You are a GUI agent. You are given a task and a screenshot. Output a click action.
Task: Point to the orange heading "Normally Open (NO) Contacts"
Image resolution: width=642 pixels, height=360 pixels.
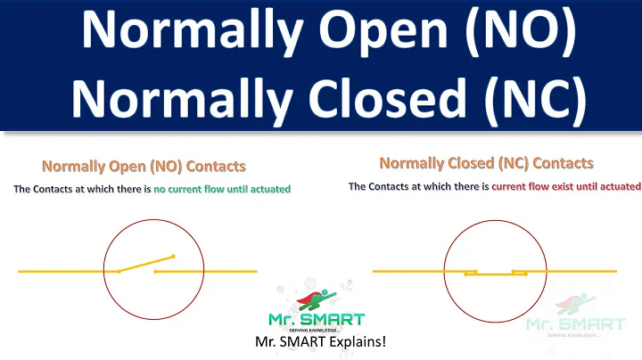pyautogui.click(x=144, y=167)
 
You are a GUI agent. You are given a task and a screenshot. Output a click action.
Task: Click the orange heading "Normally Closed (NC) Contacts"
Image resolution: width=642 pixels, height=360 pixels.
pyautogui.click(x=486, y=163)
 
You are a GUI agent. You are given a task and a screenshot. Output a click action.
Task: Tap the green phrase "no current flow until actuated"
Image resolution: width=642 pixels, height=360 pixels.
pyautogui.click(x=222, y=189)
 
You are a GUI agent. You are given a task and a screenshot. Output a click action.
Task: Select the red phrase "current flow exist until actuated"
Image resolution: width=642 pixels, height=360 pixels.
pyautogui.click(x=566, y=186)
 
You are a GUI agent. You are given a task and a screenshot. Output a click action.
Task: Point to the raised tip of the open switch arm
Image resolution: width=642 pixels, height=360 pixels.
pyautogui.click(x=173, y=257)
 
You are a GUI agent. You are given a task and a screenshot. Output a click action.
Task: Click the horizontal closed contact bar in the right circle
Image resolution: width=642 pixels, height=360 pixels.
pyautogui.click(x=495, y=274)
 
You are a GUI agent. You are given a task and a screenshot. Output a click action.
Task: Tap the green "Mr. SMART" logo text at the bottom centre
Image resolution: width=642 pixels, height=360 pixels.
pyautogui.click(x=317, y=319)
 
